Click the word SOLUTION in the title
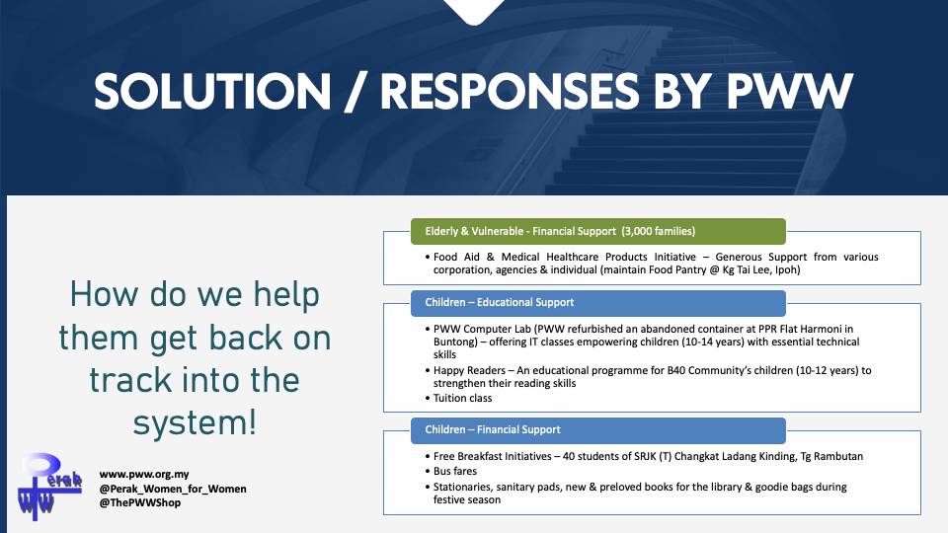(x=212, y=92)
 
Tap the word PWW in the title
(x=789, y=92)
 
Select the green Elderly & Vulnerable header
(x=598, y=231)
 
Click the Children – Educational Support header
(x=598, y=303)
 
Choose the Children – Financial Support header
(x=598, y=430)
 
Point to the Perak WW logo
(x=49, y=487)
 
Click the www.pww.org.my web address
(x=144, y=475)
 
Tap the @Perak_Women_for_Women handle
(x=173, y=489)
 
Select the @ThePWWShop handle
(x=139, y=502)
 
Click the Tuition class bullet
(x=462, y=398)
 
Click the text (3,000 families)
(x=659, y=231)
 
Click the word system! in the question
(x=195, y=423)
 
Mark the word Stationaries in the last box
(x=461, y=487)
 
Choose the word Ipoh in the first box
(x=787, y=270)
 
